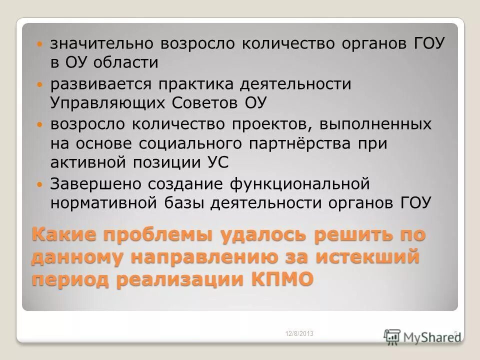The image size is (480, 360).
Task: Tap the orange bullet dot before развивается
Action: [x=40, y=85]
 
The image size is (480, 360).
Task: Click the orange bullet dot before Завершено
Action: [x=40, y=184]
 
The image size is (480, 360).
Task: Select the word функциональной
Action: [x=299, y=183]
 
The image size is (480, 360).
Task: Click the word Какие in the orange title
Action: [x=64, y=235]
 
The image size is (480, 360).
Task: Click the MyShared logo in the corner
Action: [x=423, y=335]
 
